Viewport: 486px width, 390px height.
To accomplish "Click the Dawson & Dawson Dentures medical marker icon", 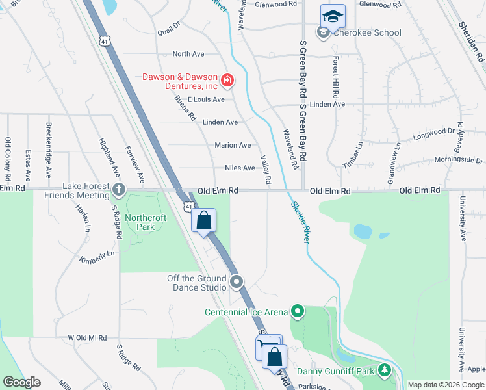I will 227,81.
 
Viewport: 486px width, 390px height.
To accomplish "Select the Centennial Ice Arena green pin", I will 298,312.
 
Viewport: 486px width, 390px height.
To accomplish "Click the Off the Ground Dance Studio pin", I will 237,282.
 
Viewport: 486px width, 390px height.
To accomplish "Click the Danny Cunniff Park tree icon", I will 385,371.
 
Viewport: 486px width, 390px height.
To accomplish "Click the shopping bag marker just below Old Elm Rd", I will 204,220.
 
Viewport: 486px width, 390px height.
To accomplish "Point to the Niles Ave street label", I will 240,168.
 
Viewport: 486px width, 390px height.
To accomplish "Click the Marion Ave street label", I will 233,145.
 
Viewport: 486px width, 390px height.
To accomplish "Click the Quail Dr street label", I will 168,32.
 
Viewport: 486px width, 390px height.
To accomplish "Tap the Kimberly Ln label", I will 97,257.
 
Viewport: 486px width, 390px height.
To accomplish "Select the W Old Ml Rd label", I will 87,338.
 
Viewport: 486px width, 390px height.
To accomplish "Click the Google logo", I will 21,382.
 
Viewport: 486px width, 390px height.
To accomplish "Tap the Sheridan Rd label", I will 472,40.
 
